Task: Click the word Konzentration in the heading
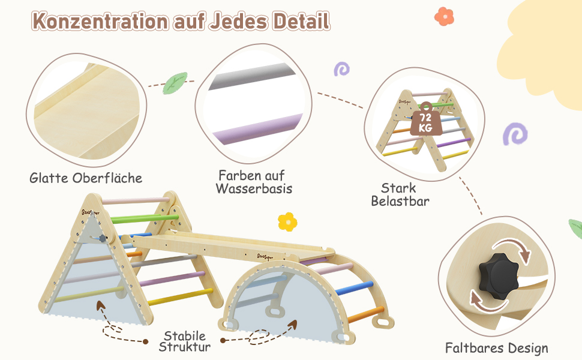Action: [100, 22]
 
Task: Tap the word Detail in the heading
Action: [301, 22]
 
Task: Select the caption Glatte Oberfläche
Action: [86, 178]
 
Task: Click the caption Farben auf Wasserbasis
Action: [255, 182]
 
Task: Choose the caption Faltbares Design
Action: [496, 347]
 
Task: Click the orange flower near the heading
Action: [444, 16]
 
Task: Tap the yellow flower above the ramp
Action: [287, 221]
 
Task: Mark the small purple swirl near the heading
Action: [341, 69]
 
